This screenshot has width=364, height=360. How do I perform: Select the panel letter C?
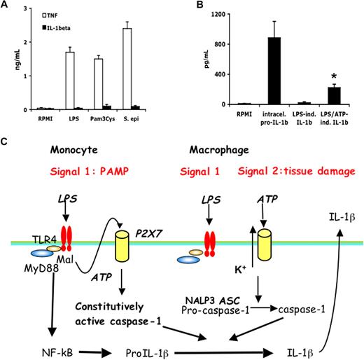tap(6, 143)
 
